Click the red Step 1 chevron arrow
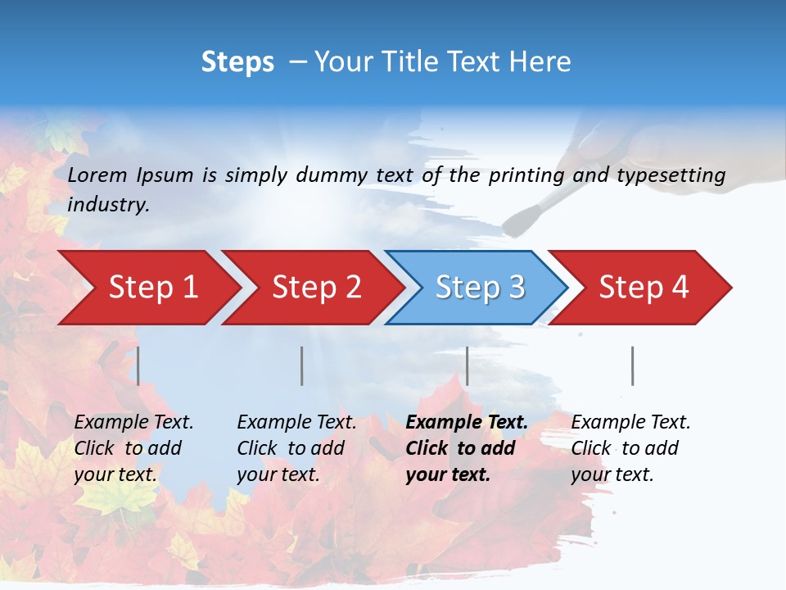tap(147, 288)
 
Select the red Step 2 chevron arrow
tap(311, 288)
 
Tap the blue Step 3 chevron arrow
tap(475, 288)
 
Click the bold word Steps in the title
tap(237, 61)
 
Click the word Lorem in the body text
tap(97, 175)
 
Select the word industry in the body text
tap(108, 204)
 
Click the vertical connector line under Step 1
tap(138, 365)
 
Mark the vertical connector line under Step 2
tap(301, 365)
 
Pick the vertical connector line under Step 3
tap(467, 365)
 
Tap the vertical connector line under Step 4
tap(632, 365)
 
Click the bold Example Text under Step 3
tap(467, 422)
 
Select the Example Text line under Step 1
tap(133, 422)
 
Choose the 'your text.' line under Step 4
tap(612, 474)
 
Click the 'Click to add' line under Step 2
tap(291, 448)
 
